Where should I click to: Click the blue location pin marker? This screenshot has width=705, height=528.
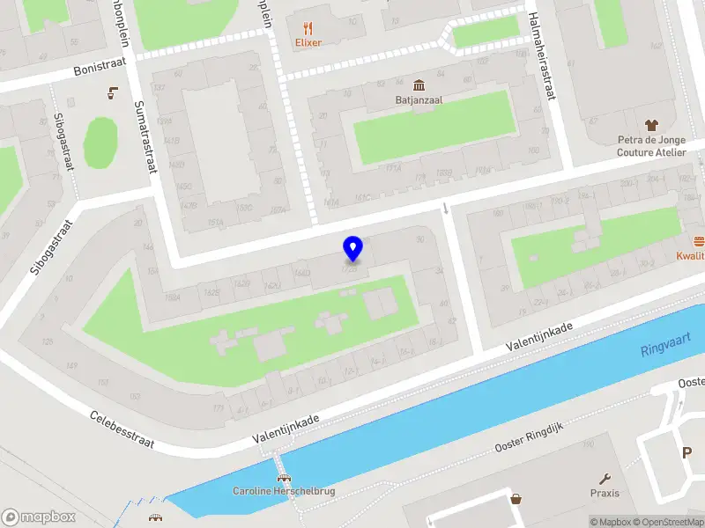(352, 249)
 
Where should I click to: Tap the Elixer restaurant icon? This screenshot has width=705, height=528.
(308, 27)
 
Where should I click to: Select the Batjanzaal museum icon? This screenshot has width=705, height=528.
(418, 85)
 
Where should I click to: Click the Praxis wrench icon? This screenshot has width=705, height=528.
(605, 480)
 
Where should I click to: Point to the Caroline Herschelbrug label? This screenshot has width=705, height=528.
(284, 491)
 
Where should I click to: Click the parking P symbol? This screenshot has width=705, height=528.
(686, 452)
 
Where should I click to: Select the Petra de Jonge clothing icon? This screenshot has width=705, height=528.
(651, 125)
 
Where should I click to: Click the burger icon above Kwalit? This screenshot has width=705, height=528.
(699, 241)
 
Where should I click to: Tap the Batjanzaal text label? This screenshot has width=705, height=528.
(418, 100)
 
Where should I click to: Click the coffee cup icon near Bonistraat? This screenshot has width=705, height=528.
(112, 92)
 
